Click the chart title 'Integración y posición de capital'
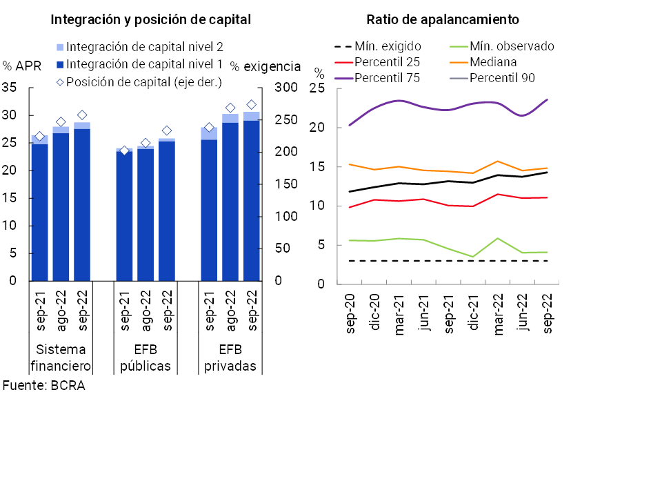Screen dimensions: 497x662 150,20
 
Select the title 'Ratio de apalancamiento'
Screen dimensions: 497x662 443,20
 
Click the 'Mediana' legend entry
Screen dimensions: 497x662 493,62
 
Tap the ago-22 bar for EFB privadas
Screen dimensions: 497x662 230,201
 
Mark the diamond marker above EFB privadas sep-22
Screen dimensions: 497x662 252,105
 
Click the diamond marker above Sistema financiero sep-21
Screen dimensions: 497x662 39,137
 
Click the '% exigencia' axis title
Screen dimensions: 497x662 265,66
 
